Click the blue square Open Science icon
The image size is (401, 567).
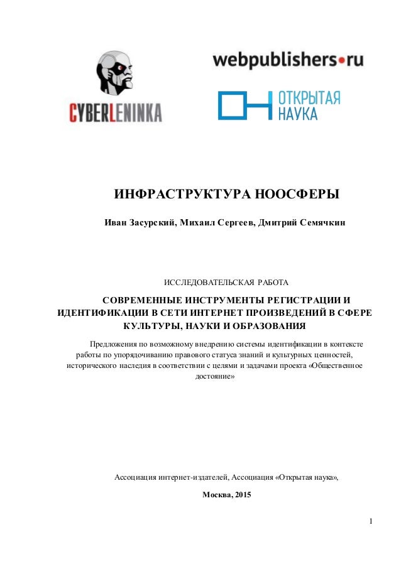click(243, 105)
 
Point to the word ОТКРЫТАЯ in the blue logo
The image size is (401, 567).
click(309, 98)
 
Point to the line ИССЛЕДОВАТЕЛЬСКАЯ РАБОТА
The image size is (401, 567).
click(226, 279)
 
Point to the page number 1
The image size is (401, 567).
click(372, 521)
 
